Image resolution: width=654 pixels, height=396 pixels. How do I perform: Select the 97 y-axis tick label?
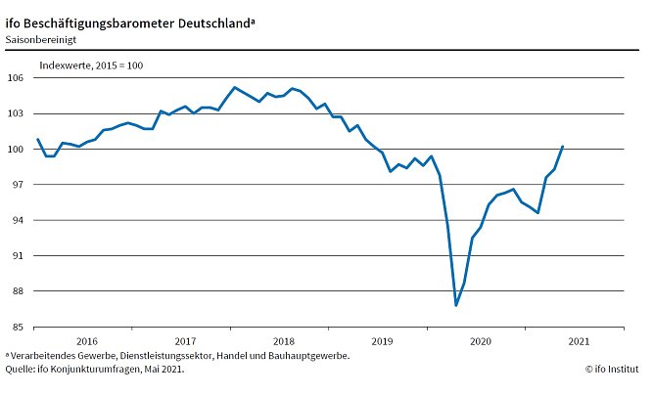(x=17, y=185)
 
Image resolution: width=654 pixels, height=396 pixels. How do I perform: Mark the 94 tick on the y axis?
(x=17, y=220)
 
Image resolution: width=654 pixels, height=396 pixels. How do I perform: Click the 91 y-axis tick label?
(x=17, y=255)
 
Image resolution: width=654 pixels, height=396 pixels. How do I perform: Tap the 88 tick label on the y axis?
(x=17, y=291)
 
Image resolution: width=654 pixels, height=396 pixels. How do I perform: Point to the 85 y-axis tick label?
(x=17, y=327)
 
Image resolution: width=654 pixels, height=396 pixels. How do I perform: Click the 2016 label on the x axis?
(x=86, y=341)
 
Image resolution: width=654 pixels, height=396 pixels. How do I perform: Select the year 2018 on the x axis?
(x=283, y=341)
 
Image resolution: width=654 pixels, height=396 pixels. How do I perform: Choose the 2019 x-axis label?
(x=382, y=341)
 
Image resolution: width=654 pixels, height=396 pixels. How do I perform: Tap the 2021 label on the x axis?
(x=579, y=341)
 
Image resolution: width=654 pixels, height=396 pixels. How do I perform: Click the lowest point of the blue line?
(x=456, y=305)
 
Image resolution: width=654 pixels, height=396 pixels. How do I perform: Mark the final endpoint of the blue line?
(x=563, y=147)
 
